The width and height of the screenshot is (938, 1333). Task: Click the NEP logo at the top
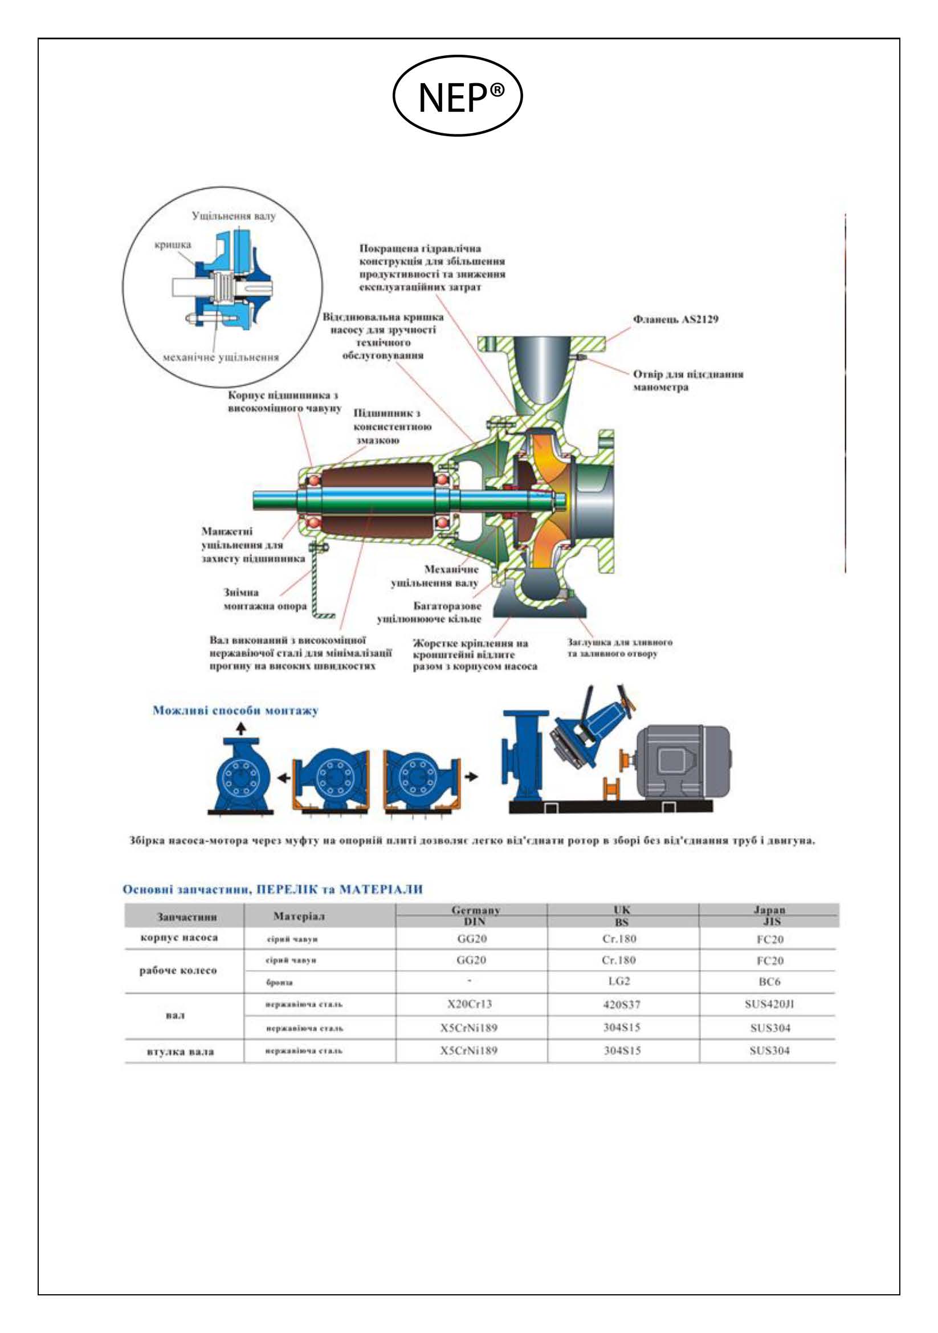pos(458,96)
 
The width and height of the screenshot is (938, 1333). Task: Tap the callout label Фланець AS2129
pos(675,319)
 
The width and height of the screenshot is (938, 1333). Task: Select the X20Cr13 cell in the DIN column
pos(470,1004)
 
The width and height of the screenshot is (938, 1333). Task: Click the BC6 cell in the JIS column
pos(769,982)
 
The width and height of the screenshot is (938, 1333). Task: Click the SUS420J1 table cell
pos(769,1004)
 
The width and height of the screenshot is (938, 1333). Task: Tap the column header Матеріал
pos(299,916)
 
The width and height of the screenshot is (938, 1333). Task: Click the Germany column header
pos(475,910)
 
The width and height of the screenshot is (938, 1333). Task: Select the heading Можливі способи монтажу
pos(235,711)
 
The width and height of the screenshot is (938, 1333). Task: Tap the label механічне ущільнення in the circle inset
pos(221,358)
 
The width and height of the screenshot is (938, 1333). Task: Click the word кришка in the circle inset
pos(173,245)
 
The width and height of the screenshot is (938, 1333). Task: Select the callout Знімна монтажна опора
pos(264,599)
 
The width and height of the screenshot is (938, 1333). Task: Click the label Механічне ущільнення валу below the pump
pos(436,576)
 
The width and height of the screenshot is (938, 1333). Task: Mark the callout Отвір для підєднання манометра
pos(687,380)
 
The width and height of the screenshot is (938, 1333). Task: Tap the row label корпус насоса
pos(180,938)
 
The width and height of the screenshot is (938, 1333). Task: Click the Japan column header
pos(769,910)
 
